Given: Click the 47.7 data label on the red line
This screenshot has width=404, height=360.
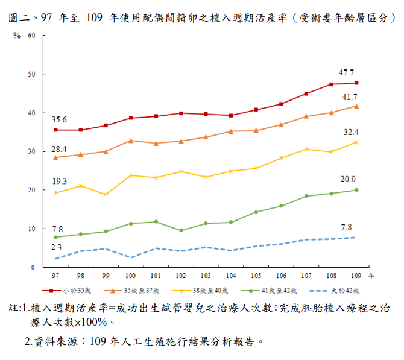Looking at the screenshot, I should [346, 72].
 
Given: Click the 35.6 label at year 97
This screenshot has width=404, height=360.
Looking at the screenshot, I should [59, 119].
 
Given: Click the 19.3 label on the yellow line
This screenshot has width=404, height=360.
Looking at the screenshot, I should [59, 182].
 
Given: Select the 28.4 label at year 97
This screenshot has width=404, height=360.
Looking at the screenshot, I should [59, 149].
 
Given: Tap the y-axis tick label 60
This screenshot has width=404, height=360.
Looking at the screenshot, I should [31, 36].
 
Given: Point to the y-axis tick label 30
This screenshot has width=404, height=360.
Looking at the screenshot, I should [31, 151].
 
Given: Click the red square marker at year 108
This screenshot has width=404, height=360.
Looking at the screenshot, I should [331, 84].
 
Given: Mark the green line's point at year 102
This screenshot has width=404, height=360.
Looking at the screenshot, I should [180, 230].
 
